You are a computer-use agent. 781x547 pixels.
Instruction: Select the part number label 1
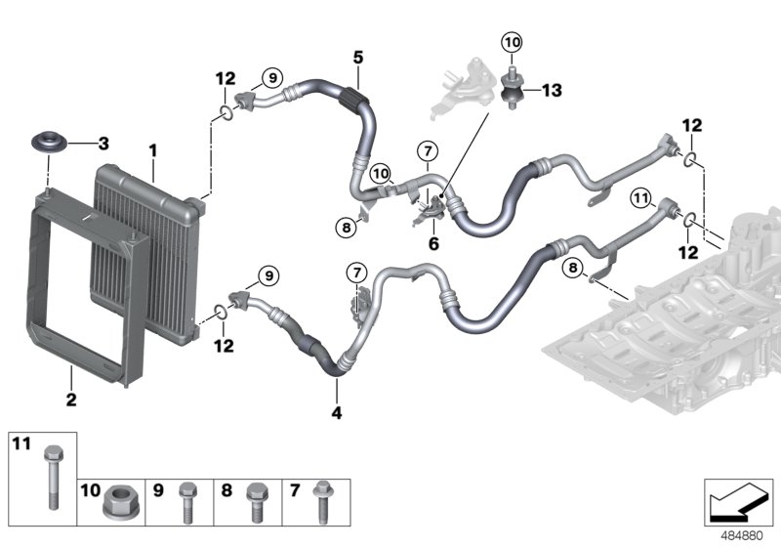[152, 150]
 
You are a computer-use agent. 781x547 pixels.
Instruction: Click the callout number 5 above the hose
[357, 57]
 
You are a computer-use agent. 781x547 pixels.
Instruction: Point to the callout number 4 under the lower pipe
[338, 413]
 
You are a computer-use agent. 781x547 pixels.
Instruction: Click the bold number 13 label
[552, 90]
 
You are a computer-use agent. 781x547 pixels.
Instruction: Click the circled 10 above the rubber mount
[512, 41]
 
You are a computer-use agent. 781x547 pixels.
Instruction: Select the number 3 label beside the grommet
[103, 144]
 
